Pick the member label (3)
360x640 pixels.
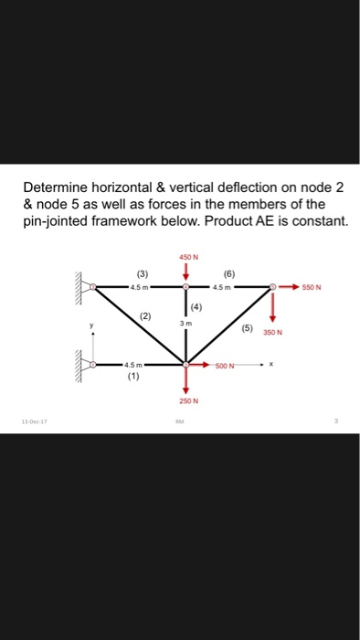[x=142, y=272]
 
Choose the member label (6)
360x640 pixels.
[x=228, y=272]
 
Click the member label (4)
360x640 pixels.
[x=196, y=306]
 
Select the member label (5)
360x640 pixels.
[x=247, y=326]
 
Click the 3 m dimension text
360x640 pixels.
[x=187, y=324]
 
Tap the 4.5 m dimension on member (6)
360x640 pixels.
[x=228, y=286]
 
